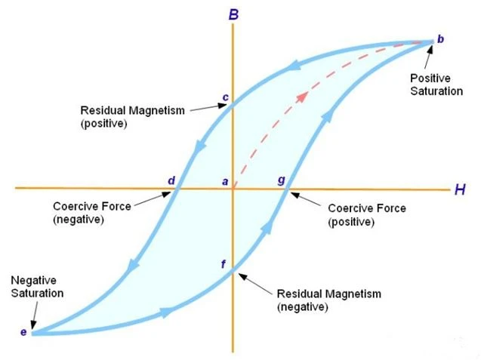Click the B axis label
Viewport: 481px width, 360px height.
pyautogui.click(x=234, y=14)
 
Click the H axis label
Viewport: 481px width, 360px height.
pyautogui.click(x=460, y=189)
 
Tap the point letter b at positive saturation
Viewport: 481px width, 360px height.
pyautogui.click(x=440, y=39)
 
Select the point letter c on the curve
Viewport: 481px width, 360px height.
pyautogui.click(x=226, y=97)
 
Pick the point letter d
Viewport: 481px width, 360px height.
pyautogui.click(x=171, y=180)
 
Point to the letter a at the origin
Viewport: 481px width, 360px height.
pyautogui.click(x=225, y=182)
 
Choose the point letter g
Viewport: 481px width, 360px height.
pyautogui.click(x=282, y=180)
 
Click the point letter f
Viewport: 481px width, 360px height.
pyautogui.click(x=224, y=264)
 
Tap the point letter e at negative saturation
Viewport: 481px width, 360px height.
pyautogui.click(x=23, y=332)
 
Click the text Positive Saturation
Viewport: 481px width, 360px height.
pyautogui.click(x=436, y=85)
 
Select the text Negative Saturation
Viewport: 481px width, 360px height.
pyautogui.click(x=37, y=287)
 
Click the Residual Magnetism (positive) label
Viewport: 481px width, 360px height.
pyautogui.click(x=133, y=116)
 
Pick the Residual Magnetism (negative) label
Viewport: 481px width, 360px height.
pyautogui.click(x=329, y=300)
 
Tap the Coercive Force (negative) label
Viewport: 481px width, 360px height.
pyautogui.click(x=92, y=213)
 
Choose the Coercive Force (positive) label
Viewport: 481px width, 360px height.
pyautogui.click(x=367, y=214)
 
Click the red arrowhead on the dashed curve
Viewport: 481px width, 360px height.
pyautogui.click(x=302, y=97)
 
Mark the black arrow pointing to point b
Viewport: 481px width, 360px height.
pyautogui.click(x=429, y=57)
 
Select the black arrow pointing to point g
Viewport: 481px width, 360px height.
pyautogui.click(x=305, y=198)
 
